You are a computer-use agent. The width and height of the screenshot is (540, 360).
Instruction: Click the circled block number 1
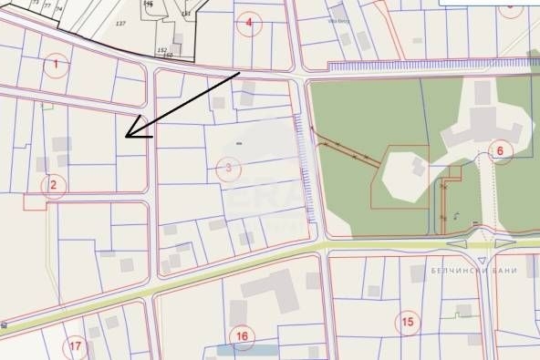(x=56, y=64)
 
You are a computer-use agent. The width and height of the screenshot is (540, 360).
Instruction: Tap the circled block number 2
(x=53, y=187)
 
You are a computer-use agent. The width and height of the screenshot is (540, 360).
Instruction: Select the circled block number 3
(x=229, y=168)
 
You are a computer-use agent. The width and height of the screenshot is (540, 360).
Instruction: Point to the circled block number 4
(x=248, y=24)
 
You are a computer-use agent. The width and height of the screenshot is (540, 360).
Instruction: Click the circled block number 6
(x=499, y=150)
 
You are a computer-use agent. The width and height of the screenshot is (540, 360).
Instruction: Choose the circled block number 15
(x=407, y=321)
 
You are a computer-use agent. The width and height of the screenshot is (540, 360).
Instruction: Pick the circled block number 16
(x=241, y=336)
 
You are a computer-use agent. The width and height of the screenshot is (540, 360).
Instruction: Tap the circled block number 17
(x=76, y=346)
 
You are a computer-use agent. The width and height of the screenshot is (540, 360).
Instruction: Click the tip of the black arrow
(x=125, y=137)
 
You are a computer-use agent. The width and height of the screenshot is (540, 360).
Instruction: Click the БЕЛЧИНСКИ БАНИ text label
(x=474, y=271)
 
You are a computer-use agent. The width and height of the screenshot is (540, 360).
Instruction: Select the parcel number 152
(x=161, y=50)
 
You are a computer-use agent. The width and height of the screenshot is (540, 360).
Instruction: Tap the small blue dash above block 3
(x=239, y=143)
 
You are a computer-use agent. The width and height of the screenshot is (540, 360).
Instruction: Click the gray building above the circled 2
(x=62, y=144)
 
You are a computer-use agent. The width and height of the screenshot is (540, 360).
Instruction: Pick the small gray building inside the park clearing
(x=418, y=166)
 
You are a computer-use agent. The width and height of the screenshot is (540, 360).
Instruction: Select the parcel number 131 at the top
(x=186, y=14)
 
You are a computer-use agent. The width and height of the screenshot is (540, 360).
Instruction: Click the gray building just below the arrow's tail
(x=247, y=87)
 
